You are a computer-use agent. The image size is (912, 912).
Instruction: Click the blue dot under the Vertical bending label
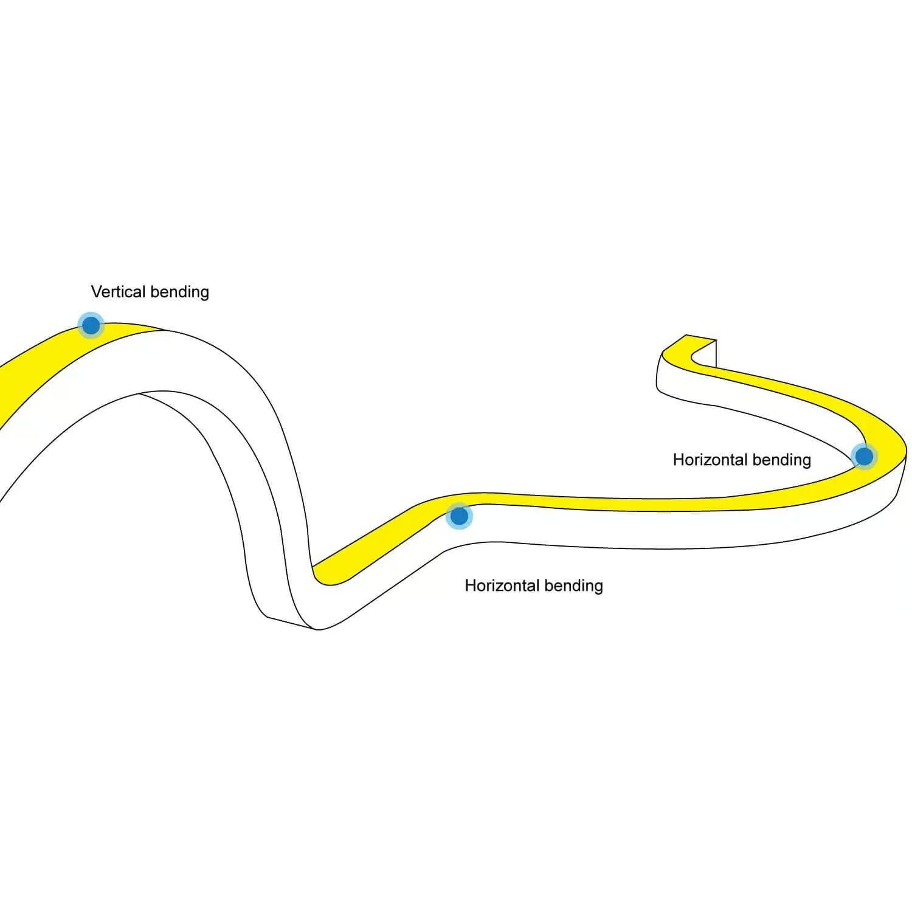(x=91, y=325)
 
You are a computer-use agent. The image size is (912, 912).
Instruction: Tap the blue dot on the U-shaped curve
(x=863, y=456)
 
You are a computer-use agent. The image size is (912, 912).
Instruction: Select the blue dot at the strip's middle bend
(x=459, y=516)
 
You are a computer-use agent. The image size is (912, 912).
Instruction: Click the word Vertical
(x=119, y=292)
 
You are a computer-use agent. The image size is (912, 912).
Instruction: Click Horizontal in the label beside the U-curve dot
(x=709, y=460)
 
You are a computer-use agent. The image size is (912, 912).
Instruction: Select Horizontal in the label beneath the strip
(x=501, y=586)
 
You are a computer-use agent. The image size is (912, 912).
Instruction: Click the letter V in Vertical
(x=96, y=292)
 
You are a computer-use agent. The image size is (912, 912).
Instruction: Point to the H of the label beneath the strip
(x=470, y=586)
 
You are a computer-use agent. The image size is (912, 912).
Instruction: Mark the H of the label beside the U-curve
(x=678, y=460)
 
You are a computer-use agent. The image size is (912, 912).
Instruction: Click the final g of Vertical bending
(x=204, y=294)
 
